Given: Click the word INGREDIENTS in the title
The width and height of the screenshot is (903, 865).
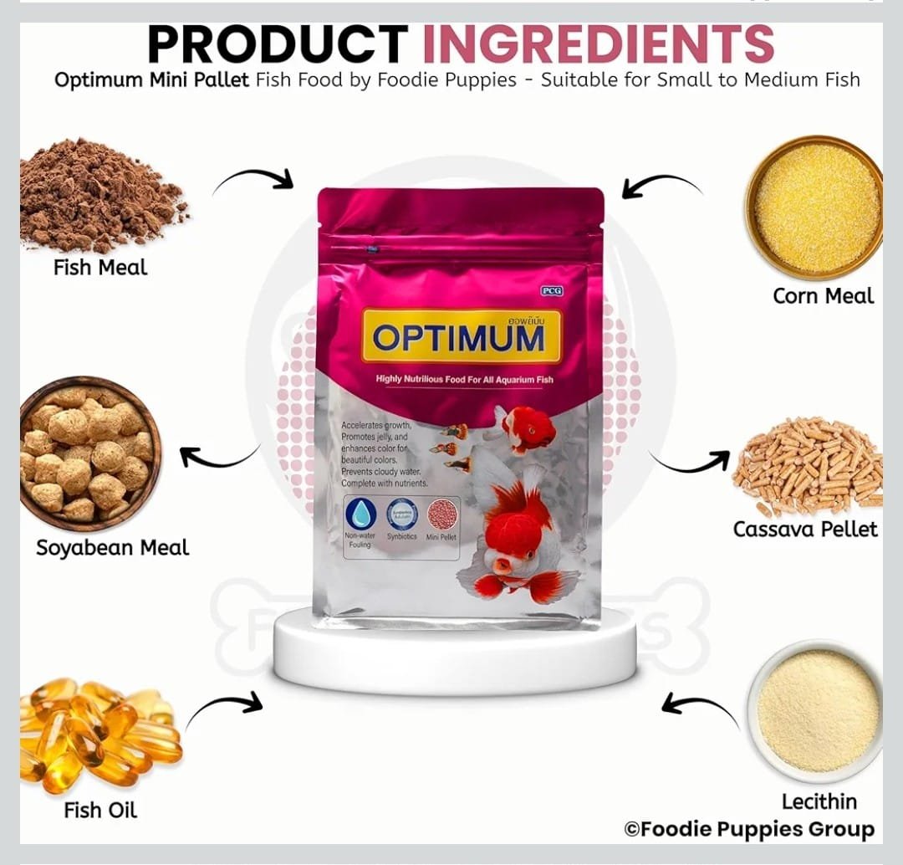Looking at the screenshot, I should pos(598,45).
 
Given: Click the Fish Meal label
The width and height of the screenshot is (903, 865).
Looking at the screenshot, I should pos(100,268).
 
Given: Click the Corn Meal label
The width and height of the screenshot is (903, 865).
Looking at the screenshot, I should pos(823,296).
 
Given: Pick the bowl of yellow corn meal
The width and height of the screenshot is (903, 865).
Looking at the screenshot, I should pos(814,207).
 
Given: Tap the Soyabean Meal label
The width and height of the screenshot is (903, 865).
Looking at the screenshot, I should pos(112,548).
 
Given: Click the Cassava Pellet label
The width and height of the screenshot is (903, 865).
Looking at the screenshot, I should pos(805,530).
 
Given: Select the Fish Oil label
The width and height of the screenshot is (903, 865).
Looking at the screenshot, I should pos(100,811).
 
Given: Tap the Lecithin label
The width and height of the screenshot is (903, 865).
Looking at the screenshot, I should pos(819,801).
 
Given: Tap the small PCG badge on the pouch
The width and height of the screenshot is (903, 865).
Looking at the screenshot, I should pos(551,291).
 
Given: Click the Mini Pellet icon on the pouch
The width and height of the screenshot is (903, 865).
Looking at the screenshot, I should pos(441,514).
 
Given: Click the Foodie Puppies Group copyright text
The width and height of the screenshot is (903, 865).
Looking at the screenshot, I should pos(749,829).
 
